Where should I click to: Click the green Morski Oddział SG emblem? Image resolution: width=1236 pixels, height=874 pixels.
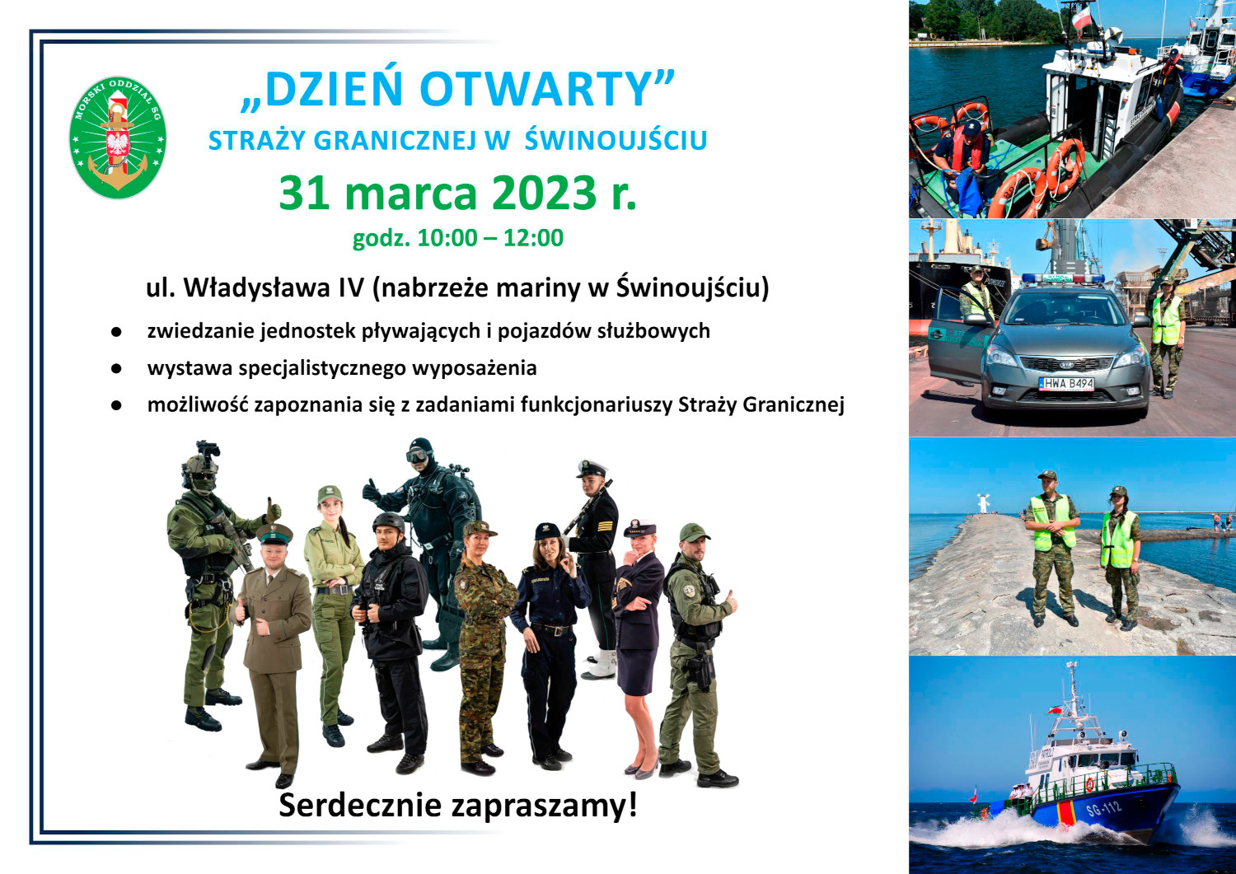(x=118, y=138)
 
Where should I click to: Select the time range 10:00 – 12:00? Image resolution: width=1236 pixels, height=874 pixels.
(x=490, y=238)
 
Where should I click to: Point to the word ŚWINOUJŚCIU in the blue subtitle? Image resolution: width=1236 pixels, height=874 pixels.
(x=616, y=139)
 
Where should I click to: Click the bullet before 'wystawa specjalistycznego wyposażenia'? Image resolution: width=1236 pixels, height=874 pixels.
(x=116, y=368)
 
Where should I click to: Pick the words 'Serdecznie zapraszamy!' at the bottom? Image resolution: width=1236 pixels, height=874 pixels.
(x=457, y=805)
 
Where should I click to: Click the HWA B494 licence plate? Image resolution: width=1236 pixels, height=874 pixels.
(x=1066, y=384)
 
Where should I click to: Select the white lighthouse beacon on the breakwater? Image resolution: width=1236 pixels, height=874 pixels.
(x=984, y=503)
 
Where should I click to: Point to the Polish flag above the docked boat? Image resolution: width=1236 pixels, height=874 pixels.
(x=1081, y=19)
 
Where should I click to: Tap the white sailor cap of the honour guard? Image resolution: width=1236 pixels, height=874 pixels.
(x=592, y=468)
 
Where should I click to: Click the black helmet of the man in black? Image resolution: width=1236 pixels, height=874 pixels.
(x=388, y=521)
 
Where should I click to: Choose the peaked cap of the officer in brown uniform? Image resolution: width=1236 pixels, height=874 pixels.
(x=274, y=533)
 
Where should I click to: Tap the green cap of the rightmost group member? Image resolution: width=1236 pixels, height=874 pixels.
(x=693, y=532)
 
